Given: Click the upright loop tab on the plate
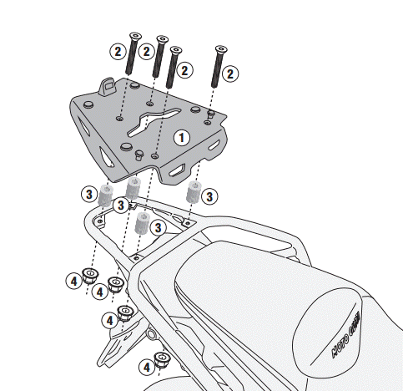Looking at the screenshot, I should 106,85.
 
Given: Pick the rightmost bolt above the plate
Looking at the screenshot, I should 220,65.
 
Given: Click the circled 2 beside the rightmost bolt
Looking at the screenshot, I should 230,73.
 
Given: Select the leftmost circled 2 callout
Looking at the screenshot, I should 118,51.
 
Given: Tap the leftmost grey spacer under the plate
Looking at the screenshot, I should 106,195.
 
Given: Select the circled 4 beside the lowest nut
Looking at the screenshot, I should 147,365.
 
